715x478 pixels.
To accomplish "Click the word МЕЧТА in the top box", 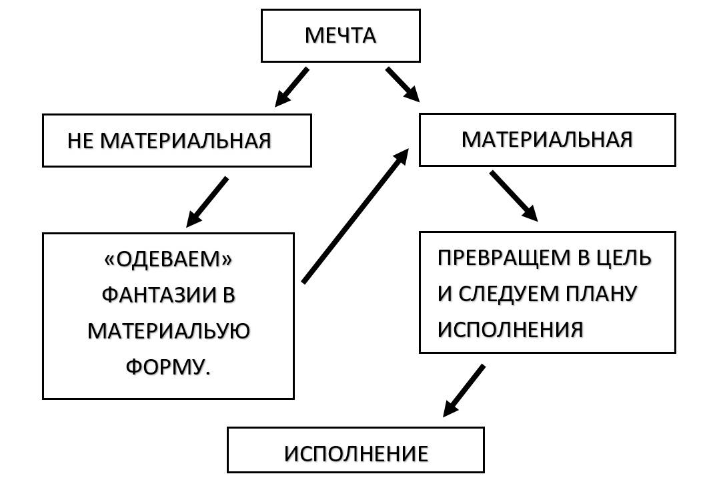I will (340, 35).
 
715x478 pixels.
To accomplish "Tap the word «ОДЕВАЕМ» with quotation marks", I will (168, 259).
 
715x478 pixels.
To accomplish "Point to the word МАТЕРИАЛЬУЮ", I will (168, 330).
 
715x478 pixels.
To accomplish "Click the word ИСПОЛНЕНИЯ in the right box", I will (510, 329).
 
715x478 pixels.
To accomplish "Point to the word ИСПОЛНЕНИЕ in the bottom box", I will (355, 454).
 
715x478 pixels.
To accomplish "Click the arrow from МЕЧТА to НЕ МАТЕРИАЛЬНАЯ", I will (291, 87).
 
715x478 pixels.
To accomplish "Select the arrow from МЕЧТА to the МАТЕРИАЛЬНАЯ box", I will (402, 84).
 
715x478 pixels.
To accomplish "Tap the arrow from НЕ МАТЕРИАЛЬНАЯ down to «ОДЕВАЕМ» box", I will (207, 202).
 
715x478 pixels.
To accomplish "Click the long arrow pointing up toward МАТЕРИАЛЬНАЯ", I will (355, 216).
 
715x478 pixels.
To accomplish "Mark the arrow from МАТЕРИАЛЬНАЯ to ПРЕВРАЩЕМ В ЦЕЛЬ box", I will (514, 196).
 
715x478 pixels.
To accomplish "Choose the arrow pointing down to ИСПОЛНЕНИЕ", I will (464, 391).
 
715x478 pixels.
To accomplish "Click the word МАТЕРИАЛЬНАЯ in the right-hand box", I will (546, 140).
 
